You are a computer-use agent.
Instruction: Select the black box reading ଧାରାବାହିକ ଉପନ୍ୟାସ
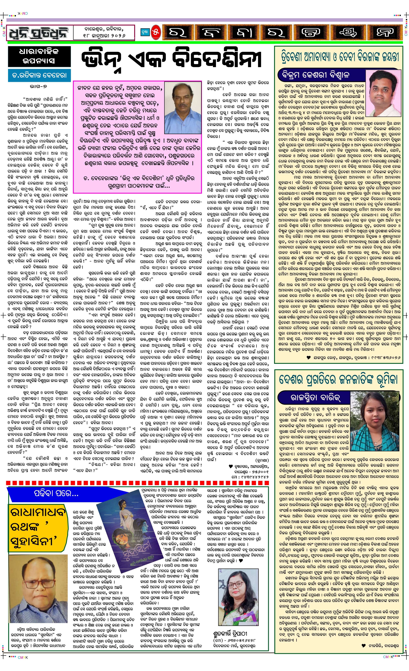[x=39, y=56]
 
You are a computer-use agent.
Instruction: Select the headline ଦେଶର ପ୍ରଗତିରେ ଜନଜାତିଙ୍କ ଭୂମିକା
[x=338, y=380]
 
